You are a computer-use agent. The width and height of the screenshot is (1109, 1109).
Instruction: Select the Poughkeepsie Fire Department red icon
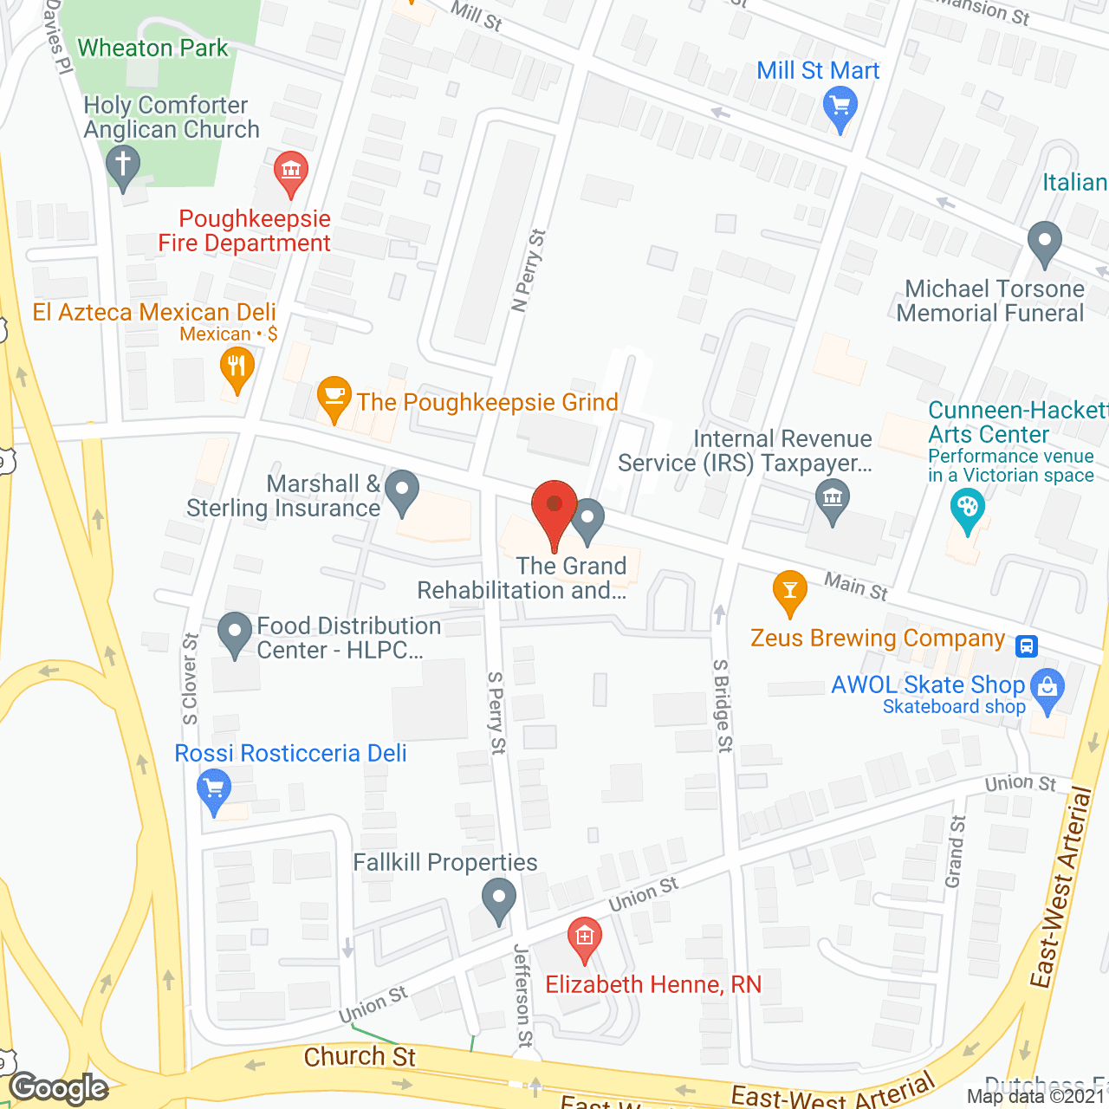[290, 171]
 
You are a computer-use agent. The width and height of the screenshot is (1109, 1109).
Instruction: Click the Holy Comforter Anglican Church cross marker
[123, 165]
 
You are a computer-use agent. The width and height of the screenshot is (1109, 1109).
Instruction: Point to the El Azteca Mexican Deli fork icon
[237, 366]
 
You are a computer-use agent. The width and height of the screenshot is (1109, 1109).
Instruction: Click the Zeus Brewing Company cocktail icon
[789, 591]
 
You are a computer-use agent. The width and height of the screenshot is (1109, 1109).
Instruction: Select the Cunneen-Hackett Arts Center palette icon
[967, 506]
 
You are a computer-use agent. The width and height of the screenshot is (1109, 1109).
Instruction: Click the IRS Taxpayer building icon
[833, 499]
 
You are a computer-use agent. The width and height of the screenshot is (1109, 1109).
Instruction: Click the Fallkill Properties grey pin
[498, 898]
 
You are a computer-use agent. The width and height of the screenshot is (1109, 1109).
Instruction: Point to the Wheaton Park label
[152, 48]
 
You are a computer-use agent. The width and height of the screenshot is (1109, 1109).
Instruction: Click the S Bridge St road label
[723, 705]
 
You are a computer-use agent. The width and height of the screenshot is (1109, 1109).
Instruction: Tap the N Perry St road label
[529, 269]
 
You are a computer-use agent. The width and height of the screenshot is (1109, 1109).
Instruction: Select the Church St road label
[360, 1057]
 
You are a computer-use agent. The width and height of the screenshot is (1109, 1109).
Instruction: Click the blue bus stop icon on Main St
[1027, 646]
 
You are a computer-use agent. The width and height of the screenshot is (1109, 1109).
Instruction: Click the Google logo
[59, 1088]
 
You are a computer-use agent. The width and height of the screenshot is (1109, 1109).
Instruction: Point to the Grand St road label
[955, 852]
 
